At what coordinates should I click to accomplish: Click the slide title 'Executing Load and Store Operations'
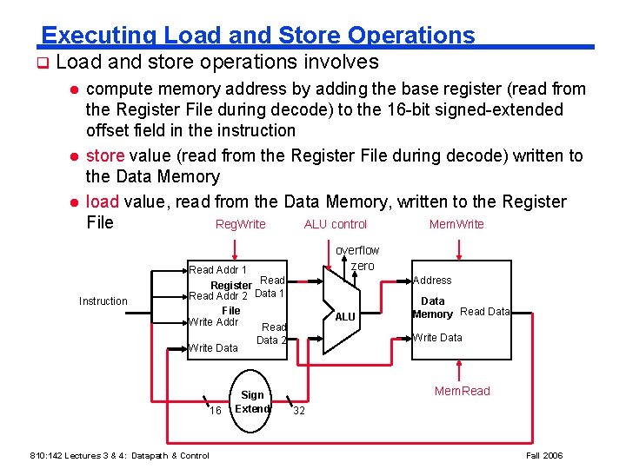pyautogui.click(x=258, y=35)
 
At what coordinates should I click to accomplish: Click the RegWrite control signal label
pyautogui.click(x=240, y=225)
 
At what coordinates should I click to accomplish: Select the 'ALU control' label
pyautogui.click(x=335, y=225)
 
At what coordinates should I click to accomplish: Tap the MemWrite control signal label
pyautogui.click(x=456, y=225)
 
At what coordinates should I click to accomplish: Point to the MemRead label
pyautogui.click(x=463, y=391)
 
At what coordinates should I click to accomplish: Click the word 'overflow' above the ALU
pyautogui.click(x=357, y=250)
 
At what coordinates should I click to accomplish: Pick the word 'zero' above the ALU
pyautogui.click(x=363, y=266)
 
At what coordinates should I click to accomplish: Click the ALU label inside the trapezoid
pyautogui.click(x=345, y=317)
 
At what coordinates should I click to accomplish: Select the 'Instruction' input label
pyautogui.click(x=103, y=301)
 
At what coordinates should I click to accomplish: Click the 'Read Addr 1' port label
pyautogui.click(x=217, y=270)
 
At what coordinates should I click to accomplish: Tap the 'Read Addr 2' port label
pyautogui.click(x=218, y=296)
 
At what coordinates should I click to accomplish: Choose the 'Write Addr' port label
pyautogui.click(x=214, y=322)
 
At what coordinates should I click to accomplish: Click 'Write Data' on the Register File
pyautogui.click(x=214, y=348)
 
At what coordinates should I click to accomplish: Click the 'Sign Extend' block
pyautogui.click(x=252, y=401)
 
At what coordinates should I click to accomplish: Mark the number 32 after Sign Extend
pyautogui.click(x=298, y=411)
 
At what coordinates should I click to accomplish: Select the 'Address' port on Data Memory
pyautogui.click(x=432, y=281)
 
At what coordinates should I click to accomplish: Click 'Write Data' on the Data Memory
pyautogui.click(x=437, y=338)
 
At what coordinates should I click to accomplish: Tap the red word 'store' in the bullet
pyautogui.click(x=105, y=156)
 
